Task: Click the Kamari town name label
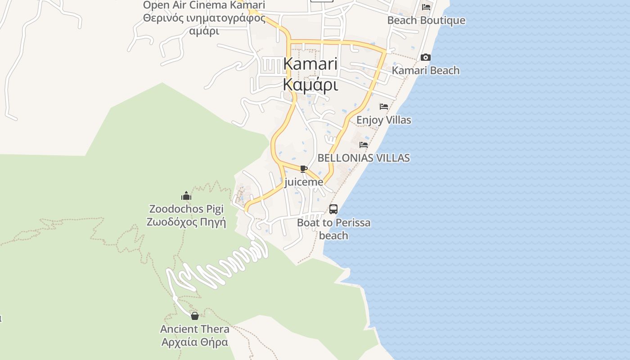310,64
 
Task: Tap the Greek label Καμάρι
310,85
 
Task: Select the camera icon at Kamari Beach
425,58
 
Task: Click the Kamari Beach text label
425,71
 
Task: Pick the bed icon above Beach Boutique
426,7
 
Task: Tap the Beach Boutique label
426,21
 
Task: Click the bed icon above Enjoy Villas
383,107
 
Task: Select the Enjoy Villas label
383,120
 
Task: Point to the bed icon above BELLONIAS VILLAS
363,145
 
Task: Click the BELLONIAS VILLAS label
363,158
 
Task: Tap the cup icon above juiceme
304,169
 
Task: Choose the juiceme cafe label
304,182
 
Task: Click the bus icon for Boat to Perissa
333,209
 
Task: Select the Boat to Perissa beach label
333,229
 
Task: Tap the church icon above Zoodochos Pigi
186,196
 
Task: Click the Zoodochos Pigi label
186,209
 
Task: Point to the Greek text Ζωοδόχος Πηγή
186,222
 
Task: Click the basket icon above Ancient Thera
194,316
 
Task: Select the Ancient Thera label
194,329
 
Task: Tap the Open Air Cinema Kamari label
204,5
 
